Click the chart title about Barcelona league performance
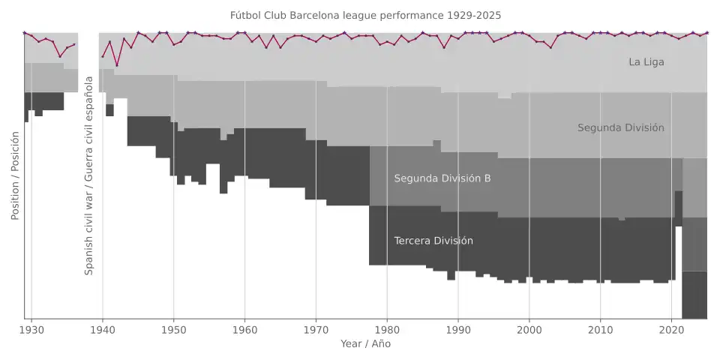365,15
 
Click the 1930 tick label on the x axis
31,329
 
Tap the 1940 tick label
103,329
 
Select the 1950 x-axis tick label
173,329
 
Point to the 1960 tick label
244,329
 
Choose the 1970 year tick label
316,329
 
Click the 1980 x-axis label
387,329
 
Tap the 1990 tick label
457,329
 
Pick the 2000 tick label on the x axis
529,329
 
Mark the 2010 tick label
600,329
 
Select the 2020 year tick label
671,329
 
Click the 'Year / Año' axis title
365,343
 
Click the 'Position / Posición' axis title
15,175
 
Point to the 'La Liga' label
646,62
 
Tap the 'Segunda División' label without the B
620,128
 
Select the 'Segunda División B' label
442,178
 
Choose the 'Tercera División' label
433,241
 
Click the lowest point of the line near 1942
117,65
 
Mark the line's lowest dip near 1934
60,56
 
